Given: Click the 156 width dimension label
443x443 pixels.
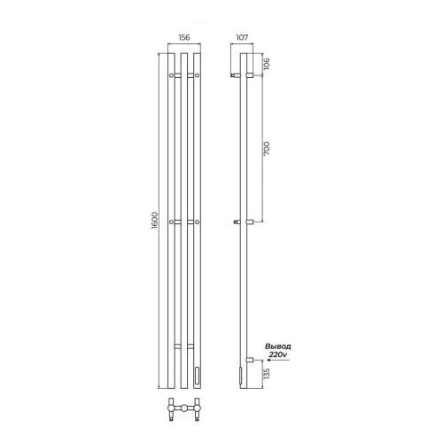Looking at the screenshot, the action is pyautogui.click(x=184, y=37).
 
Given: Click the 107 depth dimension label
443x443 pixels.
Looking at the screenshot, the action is pyautogui.click(x=242, y=37).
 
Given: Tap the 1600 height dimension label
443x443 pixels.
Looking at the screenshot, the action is pyautogui.click(x=155, y=221).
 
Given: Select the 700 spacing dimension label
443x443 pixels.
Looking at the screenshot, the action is pyautogui.click(x=267, y=149).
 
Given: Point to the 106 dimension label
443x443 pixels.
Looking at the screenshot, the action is pyautogui.click(x=267, y=64).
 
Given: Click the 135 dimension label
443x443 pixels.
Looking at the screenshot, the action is pyautogui.click(x=267, y=374).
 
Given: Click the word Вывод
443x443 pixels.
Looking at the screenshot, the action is pyautogui.click(x=278, y=346).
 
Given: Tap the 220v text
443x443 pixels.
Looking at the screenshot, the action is pyautogui.click(x=278, y=354).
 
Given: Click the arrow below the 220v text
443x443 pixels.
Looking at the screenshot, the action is pyautogui.click(x=277, y=361).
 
